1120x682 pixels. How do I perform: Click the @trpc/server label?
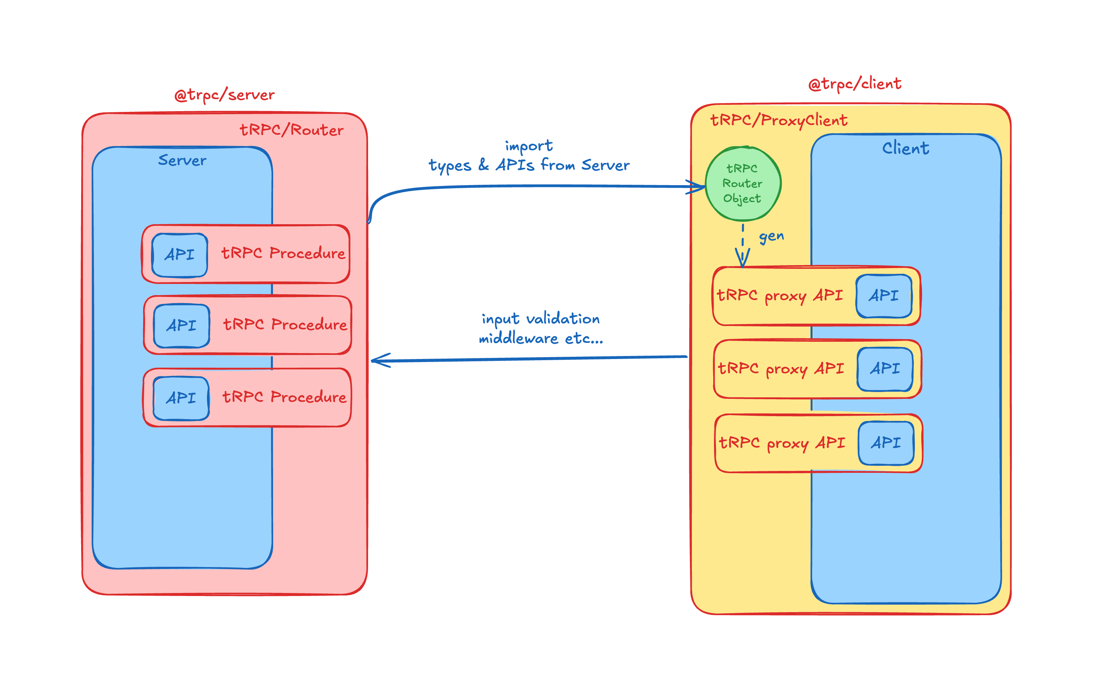(224, 95)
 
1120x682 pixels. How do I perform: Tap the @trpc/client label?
(854, 84)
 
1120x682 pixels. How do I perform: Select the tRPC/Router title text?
(291, 130)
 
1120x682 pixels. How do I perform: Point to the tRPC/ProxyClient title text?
(778, 120)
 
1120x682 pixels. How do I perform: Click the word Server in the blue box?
(182, 160)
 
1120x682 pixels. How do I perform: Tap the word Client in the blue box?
(905, 148)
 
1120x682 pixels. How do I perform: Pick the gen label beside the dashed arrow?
(771, 236)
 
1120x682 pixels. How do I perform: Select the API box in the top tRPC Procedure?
(180, 255)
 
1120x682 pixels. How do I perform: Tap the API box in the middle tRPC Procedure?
(181, 325)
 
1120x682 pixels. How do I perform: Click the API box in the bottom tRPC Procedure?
(181, 398)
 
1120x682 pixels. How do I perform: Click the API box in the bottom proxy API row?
(886, 442)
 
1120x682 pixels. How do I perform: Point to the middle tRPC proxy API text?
(780, 368)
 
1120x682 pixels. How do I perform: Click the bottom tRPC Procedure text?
(284, 397)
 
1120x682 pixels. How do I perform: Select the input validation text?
(540, 319)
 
